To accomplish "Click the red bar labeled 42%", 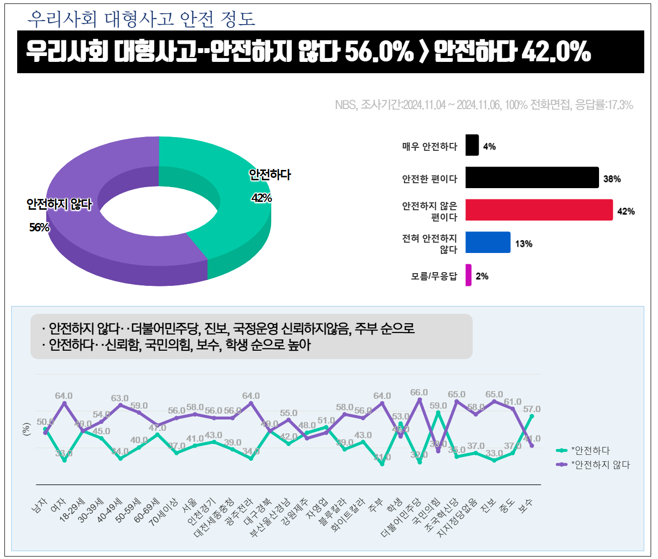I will (539, 210).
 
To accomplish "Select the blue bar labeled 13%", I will (487, 242).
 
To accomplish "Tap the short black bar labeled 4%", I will (472, 145).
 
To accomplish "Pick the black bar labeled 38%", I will (532, 177).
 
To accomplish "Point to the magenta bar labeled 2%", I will (468, 275).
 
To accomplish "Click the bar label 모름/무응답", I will (433, 277).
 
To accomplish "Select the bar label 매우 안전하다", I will (429, 146).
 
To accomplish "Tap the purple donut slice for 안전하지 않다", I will (98, 246).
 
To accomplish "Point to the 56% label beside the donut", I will (39, 227).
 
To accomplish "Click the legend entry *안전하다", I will (590, 450).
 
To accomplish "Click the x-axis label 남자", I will (39, 505).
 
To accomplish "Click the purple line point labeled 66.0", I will (420, 400).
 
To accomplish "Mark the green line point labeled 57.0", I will (532, 417).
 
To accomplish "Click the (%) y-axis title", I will (27, 429).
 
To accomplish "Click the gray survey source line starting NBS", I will (484, 105).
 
